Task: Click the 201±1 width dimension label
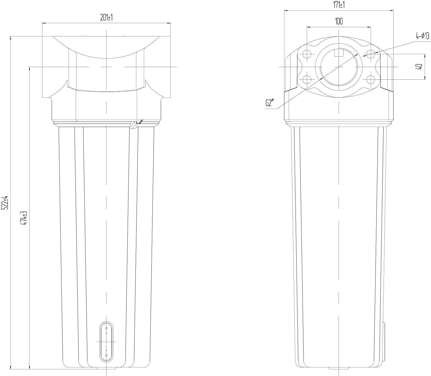[x=106, y=18]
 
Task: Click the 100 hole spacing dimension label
[x=339, y=21]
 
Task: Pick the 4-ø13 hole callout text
[x=422, y=36]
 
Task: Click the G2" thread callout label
[x=270, y=103]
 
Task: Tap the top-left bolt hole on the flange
[x=307, y=54]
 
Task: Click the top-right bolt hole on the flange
[x=371, y=54]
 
